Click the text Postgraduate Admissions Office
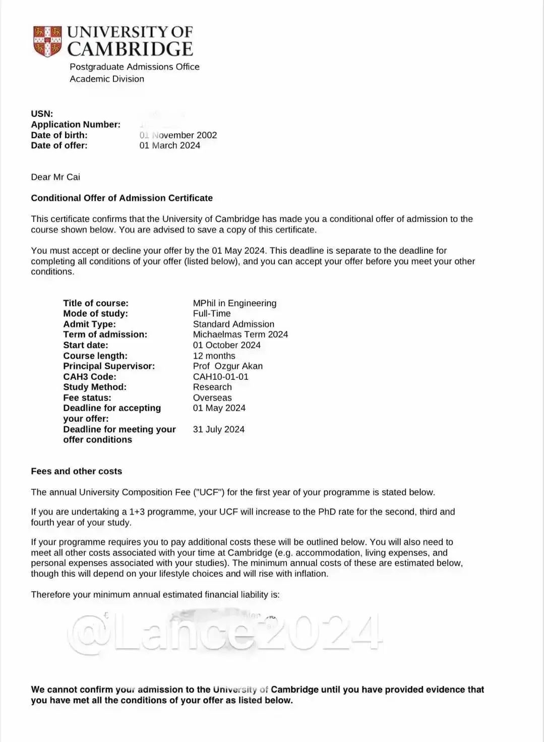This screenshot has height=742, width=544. pyautogui.click(x=134, y=67)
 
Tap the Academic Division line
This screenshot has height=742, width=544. pyautogui.click(x=107, y=79)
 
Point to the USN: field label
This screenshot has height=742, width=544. pyautogui.click(x=42, y=114)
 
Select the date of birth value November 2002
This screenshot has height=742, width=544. pyautogui.click(x=178, y=135)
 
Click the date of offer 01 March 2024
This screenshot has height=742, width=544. pyautogui.click(x=169, y=145)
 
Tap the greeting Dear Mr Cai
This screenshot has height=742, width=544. pyautogui.click(x=55, y=177)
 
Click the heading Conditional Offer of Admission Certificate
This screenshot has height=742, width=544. pyautogui.click(x=122, y=198)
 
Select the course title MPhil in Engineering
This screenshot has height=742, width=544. pyautogui.click(x=234, y=303)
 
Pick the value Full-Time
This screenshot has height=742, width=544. pyautogui.click(x=212, y=313)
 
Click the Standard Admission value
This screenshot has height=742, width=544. pyautogui.click(x=233, y=324)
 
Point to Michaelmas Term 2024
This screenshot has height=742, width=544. pyautogui.click(x=240, y=334)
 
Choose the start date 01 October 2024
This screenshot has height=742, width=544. pyautogui.click(x=226, y=345)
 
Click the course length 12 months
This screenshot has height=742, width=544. pyautogui.click(x=214, y=356)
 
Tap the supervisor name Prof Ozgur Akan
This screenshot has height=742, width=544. pyautogui.click(x=227, y=366)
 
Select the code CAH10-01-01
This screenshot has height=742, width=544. pyautogui.click(x=220, y=377)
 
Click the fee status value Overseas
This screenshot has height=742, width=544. pyautogui.click(x=212, y=397)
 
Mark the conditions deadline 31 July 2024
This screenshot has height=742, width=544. pyautogui.click(x=218, y=429)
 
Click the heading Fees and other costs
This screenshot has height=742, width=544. pyautogui.click(x=76, y=471)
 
